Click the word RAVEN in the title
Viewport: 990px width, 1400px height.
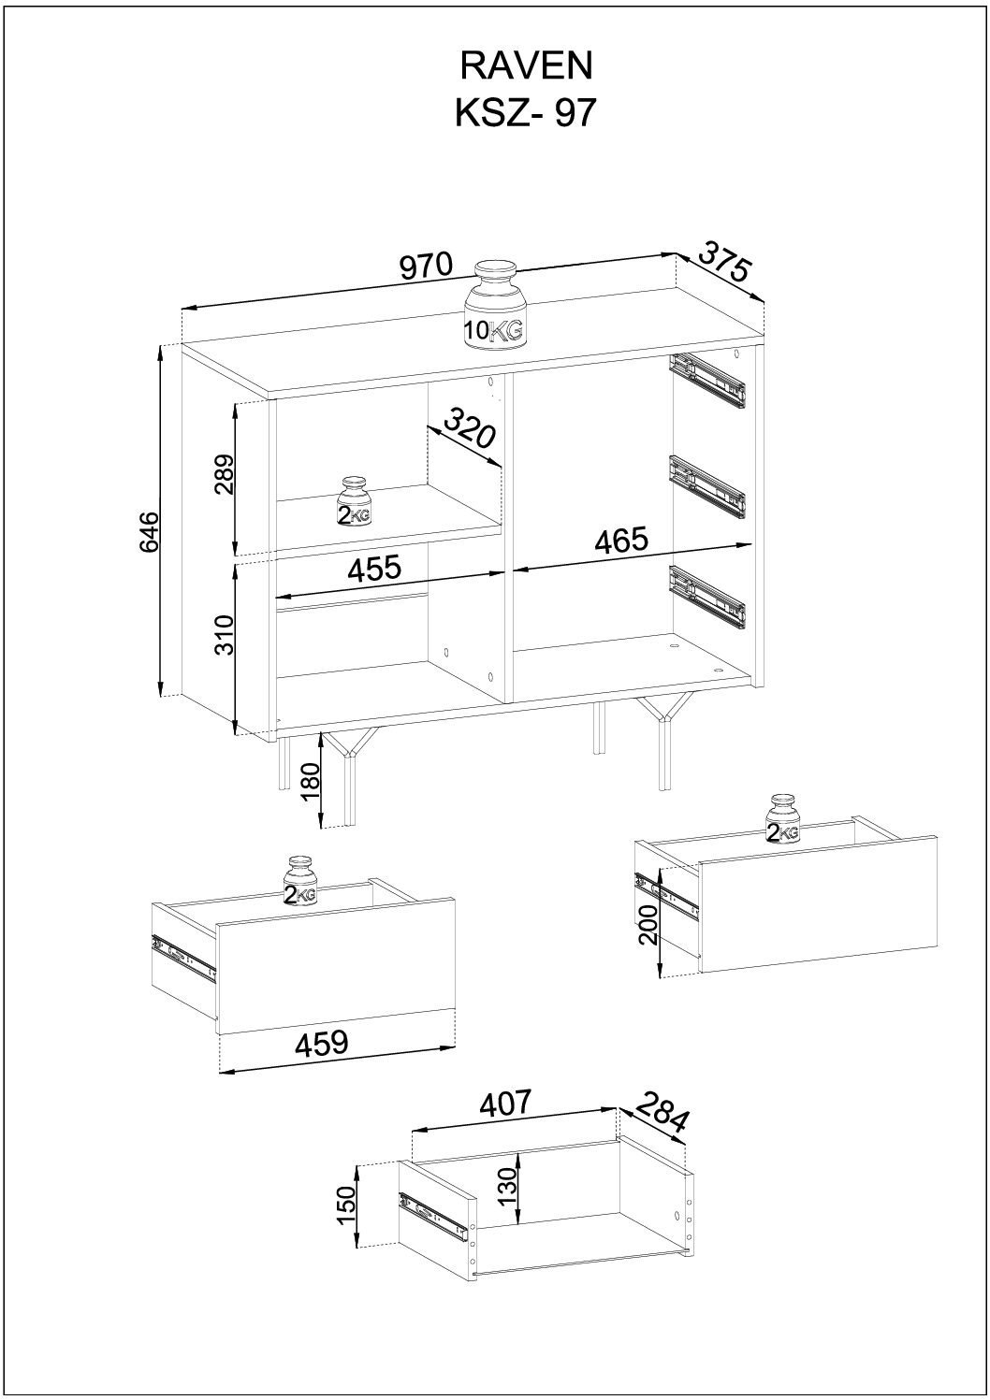coord(526,66)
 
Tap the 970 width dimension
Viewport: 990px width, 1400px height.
coord(425,266)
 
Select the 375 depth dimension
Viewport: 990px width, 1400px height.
coord(722,261)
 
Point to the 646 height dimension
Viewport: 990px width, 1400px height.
coord(150,531)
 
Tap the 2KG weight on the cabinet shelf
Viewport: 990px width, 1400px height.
coord(355,502)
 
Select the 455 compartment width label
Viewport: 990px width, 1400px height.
coord(374,568)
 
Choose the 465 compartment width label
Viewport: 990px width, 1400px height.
coord(620,540)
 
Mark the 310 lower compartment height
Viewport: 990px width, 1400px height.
coord(224,635)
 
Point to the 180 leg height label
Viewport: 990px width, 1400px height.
coord(311,784)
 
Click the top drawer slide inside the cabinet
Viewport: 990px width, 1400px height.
coord(708,382)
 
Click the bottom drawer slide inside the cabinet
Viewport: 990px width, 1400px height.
coord(708,597)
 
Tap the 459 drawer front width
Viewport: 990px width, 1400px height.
coord(321,1231)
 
